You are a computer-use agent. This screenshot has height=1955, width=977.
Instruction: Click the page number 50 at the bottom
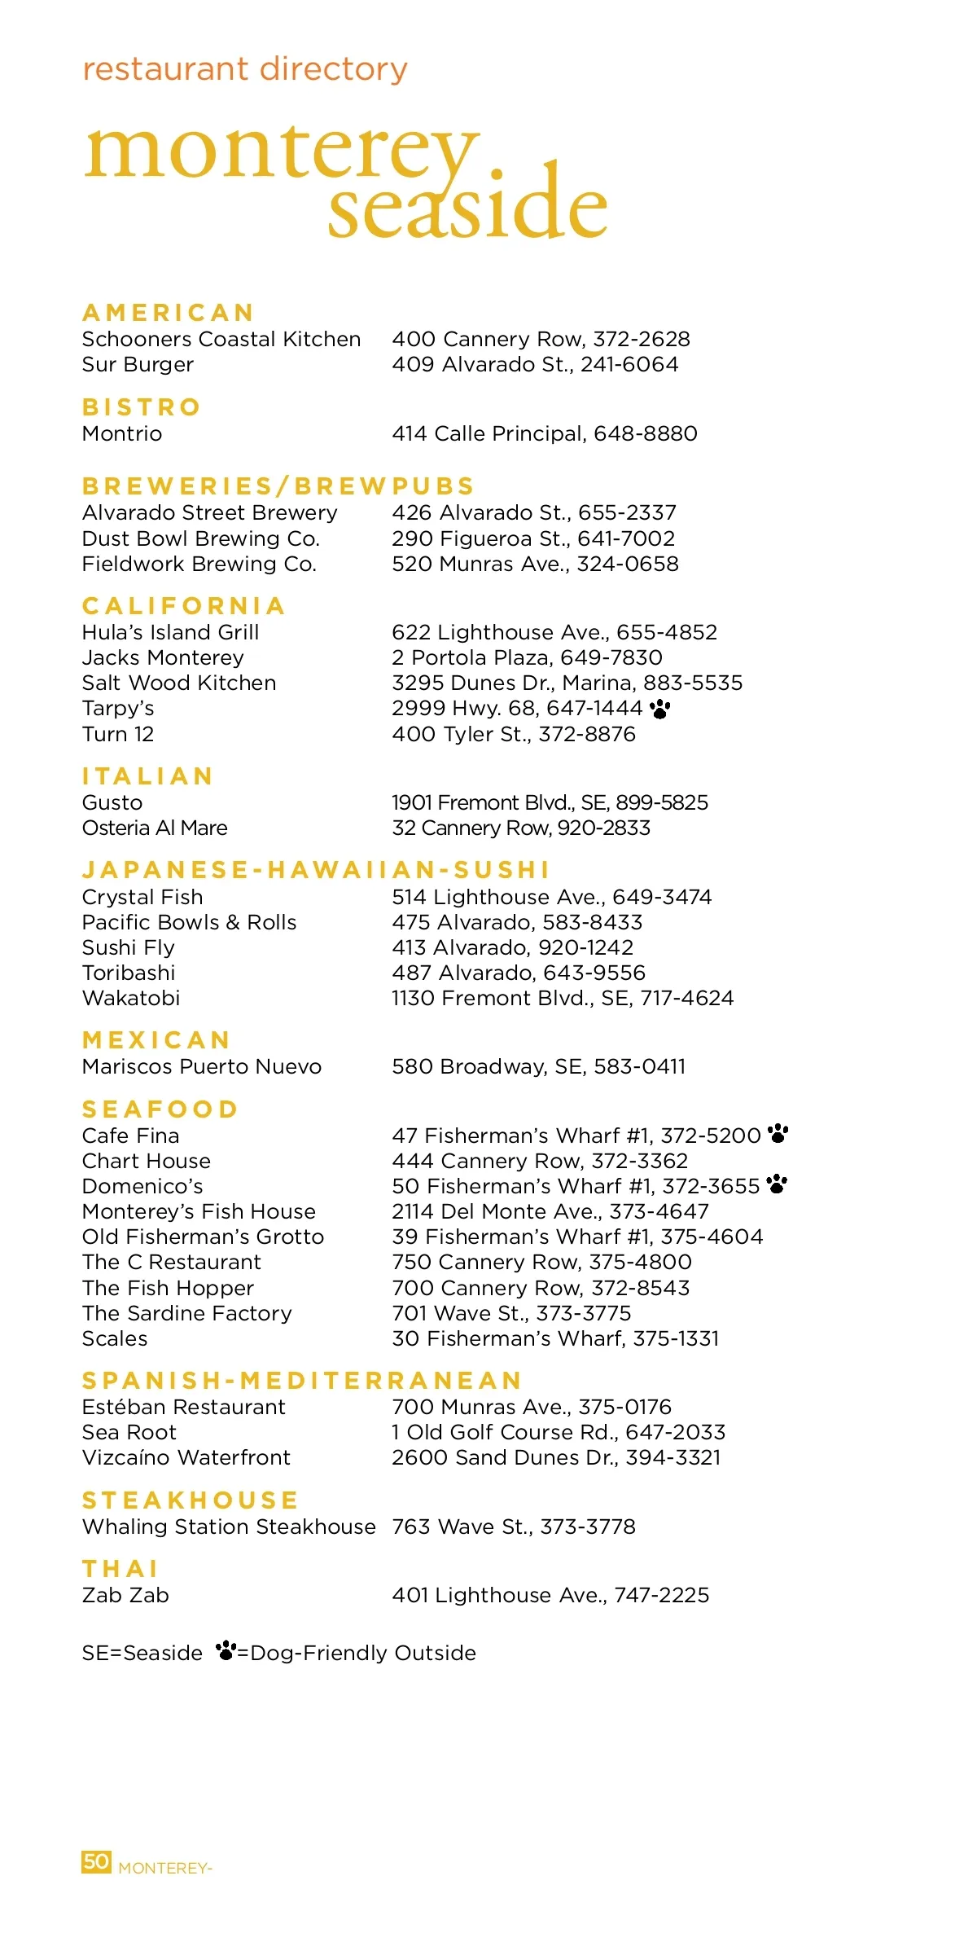(x=96, y=1861)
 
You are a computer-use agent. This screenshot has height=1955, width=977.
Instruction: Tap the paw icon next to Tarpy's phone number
(x=659, y=709)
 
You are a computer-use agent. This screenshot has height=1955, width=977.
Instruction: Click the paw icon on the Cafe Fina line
(x=778, y=1133)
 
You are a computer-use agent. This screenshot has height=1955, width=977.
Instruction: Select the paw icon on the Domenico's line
(x=778, y=1184)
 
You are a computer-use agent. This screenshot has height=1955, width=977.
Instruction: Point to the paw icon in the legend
(x=226, y=1651)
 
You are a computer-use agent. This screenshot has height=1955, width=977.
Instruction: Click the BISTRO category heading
(x=142, y=406)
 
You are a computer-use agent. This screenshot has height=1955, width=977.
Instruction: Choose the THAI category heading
(x=120, y=1568)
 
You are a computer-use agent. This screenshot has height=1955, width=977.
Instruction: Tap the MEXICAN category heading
(x=156, y=1039)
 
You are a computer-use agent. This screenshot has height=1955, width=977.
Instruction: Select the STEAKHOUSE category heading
(x=191, y=1500)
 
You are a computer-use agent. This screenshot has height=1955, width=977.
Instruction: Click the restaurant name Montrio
(x=122, y=433)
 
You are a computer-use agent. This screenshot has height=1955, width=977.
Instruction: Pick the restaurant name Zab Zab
(x=125, y=1595)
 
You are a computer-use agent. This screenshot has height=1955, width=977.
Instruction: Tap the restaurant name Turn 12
(x=118, y=734)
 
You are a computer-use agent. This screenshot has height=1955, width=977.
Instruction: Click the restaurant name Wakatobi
(x=131, y=998)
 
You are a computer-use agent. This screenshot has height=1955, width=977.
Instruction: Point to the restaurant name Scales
(x=115, y=1338)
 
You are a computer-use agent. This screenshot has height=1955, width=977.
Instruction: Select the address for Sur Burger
(x=535, y=364)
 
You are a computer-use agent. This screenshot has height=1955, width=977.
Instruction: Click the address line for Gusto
(x=550, y=802)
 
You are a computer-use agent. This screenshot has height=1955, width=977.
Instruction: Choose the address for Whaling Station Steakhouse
(x=514, y=1527)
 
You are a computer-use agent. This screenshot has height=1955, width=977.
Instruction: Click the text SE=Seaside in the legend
(x=142, y=1653)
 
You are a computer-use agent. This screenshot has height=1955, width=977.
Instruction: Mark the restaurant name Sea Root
(x=129, y=1432)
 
